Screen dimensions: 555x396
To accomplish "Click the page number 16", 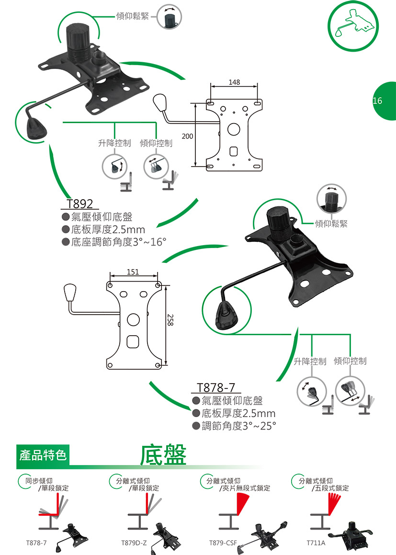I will click(x=377, y=101).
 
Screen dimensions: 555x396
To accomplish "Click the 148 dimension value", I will click(x=234, y=83).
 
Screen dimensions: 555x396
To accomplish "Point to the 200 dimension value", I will click(x=188, y=136).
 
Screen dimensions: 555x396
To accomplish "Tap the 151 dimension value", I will click(x=133, y=272).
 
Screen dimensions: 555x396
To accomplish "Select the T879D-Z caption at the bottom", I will click(x=134, y=544).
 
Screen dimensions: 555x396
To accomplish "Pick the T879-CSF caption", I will click(x=223, y=544).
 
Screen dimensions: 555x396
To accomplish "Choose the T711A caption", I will click(x=316, y=544).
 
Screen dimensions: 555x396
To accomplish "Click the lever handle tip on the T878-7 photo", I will click(x=226, y=316).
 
